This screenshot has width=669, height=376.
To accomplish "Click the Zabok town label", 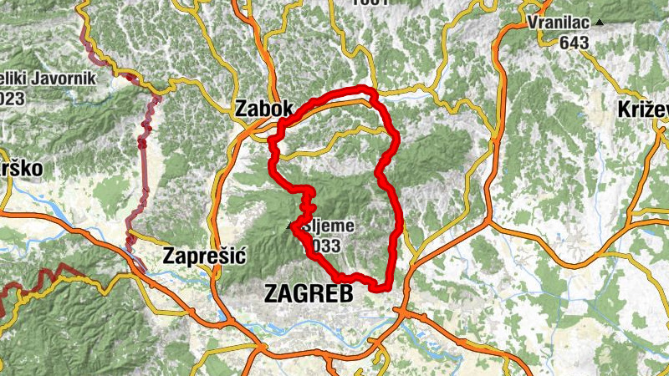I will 265,109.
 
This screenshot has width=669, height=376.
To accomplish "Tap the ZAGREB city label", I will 308,292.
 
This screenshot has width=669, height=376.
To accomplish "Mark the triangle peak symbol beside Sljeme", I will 291,226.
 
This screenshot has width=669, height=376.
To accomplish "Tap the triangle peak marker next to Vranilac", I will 599,23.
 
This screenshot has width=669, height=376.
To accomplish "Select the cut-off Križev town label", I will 642,109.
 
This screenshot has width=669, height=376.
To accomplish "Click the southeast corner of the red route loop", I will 388,287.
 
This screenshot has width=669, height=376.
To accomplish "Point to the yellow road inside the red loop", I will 334,134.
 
